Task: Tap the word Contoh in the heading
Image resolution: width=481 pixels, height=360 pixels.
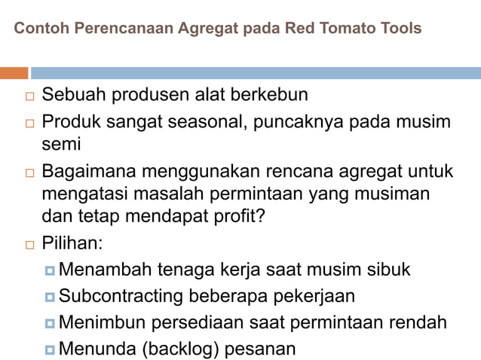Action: [x=38, y=29]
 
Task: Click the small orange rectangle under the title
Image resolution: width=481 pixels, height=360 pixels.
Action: [x=14, y=73]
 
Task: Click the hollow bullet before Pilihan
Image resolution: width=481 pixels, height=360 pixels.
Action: [x=29, y=246]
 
